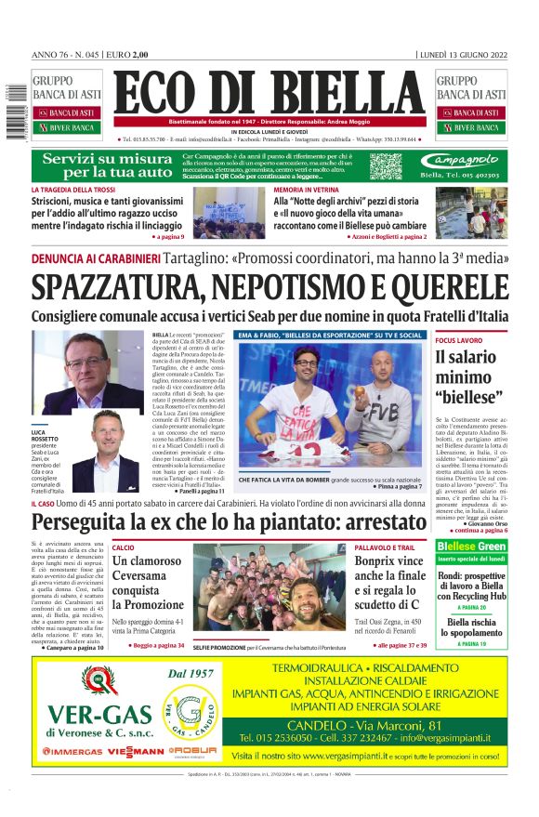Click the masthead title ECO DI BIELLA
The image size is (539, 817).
coord(269,94)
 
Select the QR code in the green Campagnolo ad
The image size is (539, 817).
coord(386,165)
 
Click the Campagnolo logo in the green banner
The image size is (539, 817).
coord(465,161)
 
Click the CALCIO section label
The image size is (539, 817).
coord(124,547)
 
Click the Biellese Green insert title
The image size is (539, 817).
coord(471,547)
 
